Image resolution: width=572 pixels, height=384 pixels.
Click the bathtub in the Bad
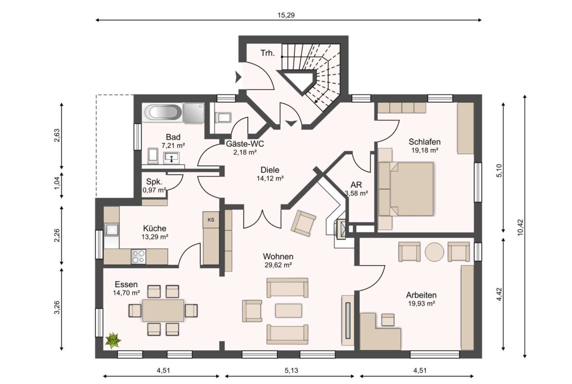point(163,113)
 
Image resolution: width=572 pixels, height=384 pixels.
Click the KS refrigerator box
point(211,220)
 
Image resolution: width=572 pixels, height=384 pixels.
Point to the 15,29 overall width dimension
point(286,15)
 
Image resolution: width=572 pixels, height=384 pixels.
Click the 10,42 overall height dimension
point(521,227)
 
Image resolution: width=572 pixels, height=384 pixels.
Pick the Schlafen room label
point(424,142)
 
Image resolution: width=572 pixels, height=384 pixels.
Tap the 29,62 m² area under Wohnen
point(278,265)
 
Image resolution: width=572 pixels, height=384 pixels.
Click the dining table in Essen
point(163,310)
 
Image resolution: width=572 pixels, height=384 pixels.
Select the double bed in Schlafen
point(406,189)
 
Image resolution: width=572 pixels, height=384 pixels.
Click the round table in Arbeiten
point(435,252)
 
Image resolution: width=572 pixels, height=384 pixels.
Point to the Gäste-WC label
point(245,144)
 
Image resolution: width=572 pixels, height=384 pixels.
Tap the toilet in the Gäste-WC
point(223,117)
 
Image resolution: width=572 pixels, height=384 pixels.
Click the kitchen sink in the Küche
point(111,230)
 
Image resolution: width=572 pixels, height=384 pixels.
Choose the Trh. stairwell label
point(267,53)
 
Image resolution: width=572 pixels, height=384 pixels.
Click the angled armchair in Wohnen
point(303,223)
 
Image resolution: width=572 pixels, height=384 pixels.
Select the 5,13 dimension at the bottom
point(291,370)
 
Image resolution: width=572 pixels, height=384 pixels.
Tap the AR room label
point(356,185)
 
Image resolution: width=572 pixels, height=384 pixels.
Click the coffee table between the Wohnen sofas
point(288,311)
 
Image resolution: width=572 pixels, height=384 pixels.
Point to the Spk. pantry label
point(154,182)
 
